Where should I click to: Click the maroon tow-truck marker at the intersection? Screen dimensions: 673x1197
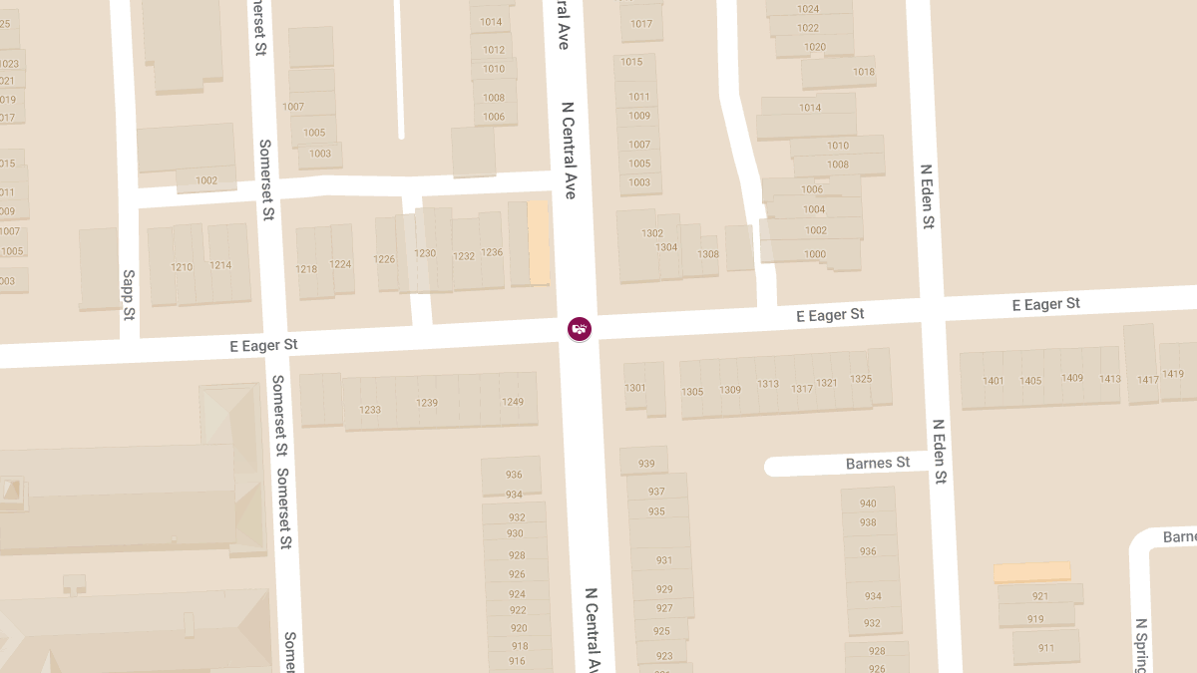[580, 328]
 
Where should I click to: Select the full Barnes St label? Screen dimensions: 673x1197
[878, 464]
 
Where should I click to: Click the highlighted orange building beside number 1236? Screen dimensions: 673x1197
[539, 242]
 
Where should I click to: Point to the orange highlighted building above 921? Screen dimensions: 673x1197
[1031, 572]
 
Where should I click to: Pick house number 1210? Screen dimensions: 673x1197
[182, 267]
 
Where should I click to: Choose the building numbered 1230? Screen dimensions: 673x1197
[426, 254]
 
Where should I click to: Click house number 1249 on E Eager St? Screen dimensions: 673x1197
[513, 402]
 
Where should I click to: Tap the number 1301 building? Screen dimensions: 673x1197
[635, 388]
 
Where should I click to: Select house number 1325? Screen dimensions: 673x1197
[860, 380]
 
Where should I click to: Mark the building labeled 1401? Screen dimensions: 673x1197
[993, 381]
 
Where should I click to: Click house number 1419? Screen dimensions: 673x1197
[1173, 375]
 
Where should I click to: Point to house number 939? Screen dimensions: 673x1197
[646, 464]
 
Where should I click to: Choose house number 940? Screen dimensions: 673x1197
[868, 504]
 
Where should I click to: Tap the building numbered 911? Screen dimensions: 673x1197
[1045, 648]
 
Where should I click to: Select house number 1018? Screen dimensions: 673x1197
[863, 72]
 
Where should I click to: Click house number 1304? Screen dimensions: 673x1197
[666, 247]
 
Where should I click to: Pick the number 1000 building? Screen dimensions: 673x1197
[815, 254]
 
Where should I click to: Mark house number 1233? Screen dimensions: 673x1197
[370, 410]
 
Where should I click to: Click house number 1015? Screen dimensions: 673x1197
[631, 62]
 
